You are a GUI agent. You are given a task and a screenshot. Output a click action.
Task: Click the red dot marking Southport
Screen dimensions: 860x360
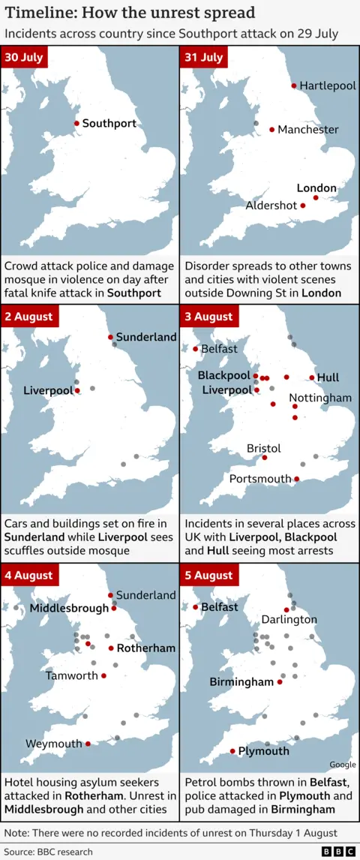(x=76, y=123)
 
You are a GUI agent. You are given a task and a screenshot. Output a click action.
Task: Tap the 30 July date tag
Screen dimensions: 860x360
(x=24, y=58)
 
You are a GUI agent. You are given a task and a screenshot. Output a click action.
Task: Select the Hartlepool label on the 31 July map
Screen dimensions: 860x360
(x=328, y=86)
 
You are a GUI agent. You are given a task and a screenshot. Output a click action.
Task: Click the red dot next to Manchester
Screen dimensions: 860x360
(x=271, y=129)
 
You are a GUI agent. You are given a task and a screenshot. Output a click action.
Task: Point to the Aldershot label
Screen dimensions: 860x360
(x=271, y=206)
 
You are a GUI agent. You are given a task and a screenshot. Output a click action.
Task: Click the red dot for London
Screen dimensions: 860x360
(x=316, y=198)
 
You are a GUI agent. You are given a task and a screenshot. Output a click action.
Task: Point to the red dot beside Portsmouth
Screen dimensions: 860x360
(x=297, y=479)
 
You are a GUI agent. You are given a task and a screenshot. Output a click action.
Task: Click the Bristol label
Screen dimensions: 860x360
(x=264, y=448)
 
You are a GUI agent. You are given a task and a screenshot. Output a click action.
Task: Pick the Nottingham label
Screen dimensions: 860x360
(x=320, y=397)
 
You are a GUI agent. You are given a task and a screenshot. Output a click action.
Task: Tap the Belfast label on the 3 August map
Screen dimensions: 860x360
(x=219, y=349)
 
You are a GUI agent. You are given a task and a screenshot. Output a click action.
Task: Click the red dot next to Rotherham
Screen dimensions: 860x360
(x=111, y=648)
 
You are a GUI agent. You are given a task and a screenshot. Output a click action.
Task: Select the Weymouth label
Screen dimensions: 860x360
(x=54, y=744)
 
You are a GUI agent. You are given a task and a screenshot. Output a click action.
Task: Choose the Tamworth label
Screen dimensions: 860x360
(x=72, y=675)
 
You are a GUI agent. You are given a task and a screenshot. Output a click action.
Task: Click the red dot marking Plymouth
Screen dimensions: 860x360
(x=232, y=751)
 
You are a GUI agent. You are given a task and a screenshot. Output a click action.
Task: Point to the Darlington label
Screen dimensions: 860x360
(x=289, y=620)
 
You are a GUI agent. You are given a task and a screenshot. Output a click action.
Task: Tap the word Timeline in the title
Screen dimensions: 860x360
(x=38, y=13)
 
